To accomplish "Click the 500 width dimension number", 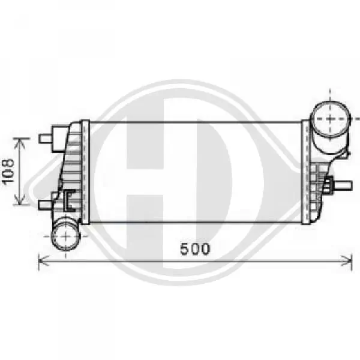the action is pos(195,249).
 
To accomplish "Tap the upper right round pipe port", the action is pos(329,119).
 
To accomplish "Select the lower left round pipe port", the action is pos(65,235).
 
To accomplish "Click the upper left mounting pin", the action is pos(46,139).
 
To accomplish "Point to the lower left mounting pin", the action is pos(46,205).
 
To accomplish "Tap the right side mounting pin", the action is pos(342,185).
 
